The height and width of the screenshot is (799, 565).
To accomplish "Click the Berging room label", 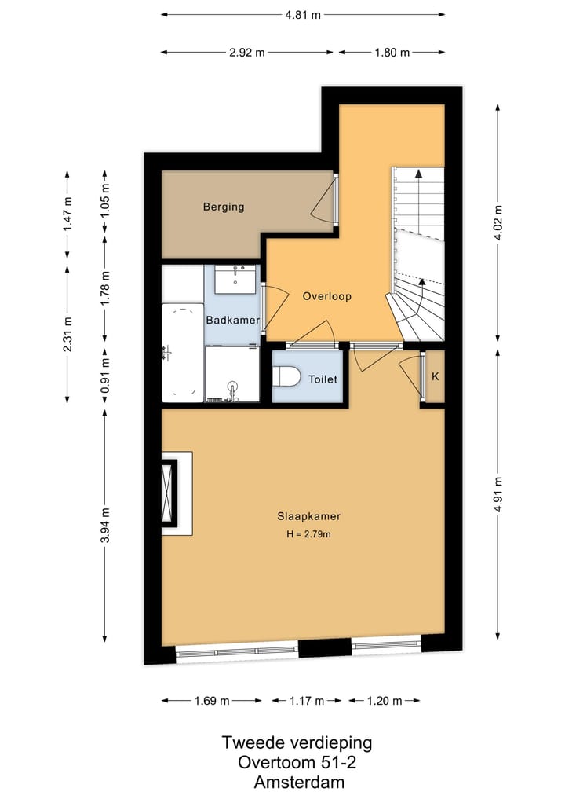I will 224,207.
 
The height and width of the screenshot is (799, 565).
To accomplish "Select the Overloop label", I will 326,297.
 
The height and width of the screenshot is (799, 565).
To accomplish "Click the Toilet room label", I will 323,379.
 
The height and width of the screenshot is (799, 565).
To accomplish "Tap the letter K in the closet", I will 435,376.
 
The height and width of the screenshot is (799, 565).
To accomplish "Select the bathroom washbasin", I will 236,278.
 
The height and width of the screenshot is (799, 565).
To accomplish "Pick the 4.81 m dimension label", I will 303,14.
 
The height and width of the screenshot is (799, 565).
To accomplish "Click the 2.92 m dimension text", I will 247,53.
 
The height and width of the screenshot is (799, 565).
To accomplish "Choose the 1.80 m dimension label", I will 392,53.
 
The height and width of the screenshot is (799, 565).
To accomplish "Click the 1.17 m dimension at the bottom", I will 308,701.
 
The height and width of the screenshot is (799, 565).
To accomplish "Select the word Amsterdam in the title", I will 299,783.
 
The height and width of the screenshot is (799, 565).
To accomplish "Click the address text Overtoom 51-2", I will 297,762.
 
